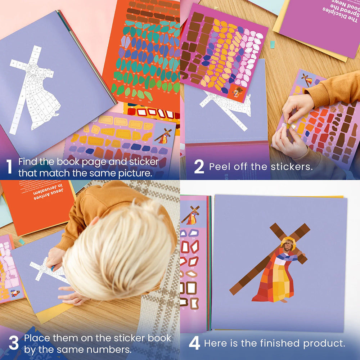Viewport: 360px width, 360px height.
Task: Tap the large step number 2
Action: pos(199,167)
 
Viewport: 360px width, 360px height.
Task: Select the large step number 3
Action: pos(13,343)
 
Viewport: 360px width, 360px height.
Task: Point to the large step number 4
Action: pos(194,343)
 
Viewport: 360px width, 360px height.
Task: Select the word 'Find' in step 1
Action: pos(28,161)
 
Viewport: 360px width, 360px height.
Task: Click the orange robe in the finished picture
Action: pos(274,277)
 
